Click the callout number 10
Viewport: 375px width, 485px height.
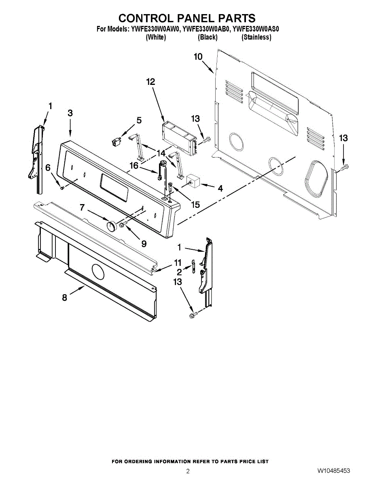click(x=198, y=57)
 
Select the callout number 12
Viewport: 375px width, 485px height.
click(x=150, y=82)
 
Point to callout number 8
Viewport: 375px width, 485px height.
click(x=65, y=298)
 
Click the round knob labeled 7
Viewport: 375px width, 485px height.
click(x=110, y=226)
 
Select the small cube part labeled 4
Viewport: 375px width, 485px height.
click(x=193, y=181)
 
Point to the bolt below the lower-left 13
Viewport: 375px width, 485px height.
click(x=193, y=314)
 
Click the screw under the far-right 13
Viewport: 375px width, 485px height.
click(x=345, y=167)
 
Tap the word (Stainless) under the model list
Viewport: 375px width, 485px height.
click(x=256, y=37)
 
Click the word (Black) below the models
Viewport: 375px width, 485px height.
click(x=208, y=37)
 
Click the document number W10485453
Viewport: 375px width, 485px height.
click(x=333, y=471)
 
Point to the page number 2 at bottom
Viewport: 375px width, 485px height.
click(x=188, y=471)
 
